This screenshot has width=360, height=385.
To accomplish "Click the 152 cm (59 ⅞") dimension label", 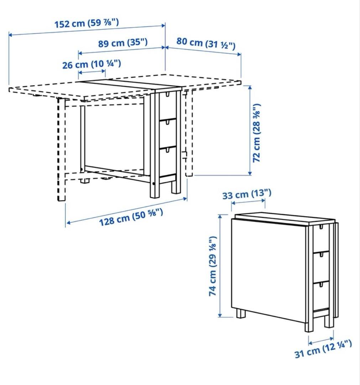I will pyautogui.click(x=87, y=24).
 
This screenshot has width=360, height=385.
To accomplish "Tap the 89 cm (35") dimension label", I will pyautogui.click(x=122, y=43).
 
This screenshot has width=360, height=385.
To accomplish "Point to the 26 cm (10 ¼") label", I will pyautogui.click(x=92, y=65).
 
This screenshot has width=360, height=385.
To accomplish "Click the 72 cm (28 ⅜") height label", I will pyautogui.click(x=257, y=133).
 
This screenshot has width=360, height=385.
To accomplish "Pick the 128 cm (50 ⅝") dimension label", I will pyautogui.click(x=131, y=217).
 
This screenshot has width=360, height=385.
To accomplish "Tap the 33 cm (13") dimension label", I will pyautogui.click(x=247, y=194).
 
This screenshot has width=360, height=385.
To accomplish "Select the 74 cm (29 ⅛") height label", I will pyautogui.click(x=213, y=266).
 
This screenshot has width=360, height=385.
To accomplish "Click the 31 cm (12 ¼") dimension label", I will pyautogui.click(x=323, y=349).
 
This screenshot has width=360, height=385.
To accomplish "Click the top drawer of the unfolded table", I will pyautogui.click(x=167, y=106).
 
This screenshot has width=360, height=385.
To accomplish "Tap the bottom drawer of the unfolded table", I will pyautogui.click(x=167, y=160).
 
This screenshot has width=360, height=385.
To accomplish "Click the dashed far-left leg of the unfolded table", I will pyautogui.click(x=61, y=150).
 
